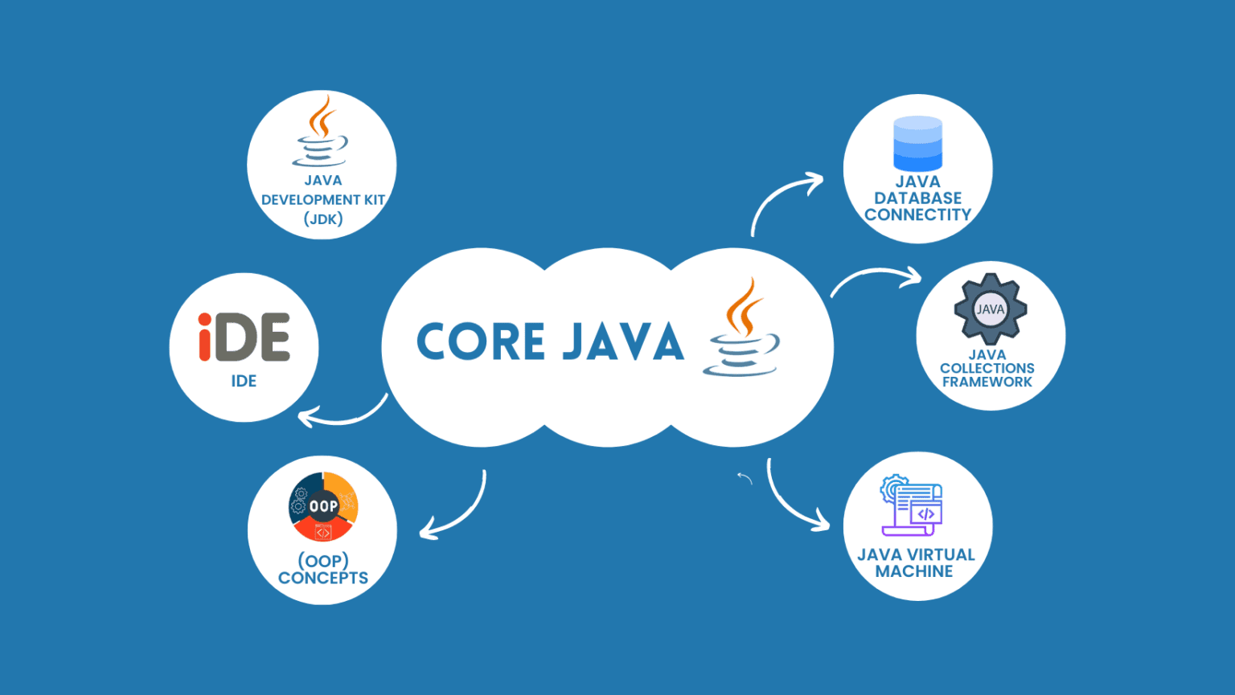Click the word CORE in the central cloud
pyautogui.click(x=481, y=341)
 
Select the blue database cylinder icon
pyautogui.click(x=917, y=144)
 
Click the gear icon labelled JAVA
pyautogui.click(x=990, y=309)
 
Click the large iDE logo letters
pyautogui.click(x=244, y=337)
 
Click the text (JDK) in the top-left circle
pyautogui.click(x=323, y=219)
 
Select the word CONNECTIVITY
pyautogui.click(x=917, y=215)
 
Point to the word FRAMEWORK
pyautogui.click(x=987, y=382)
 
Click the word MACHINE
pyautogui.click(x=914, y=571)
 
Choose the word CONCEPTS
pyautogui.click(x=323, y=578)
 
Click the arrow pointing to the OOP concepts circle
pyautogui.click(x=458, y=511)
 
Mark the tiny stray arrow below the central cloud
pyautogui.click(x=745, y=479)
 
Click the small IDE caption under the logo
pyautogui.click(x=244, y=381)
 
